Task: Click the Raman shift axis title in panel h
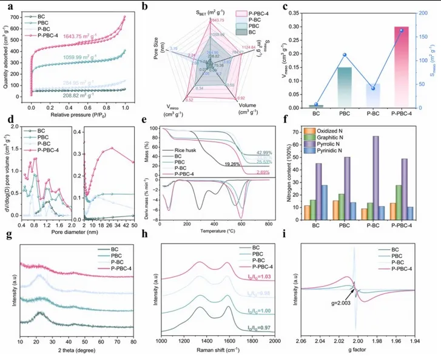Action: [x=218, y=352]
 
